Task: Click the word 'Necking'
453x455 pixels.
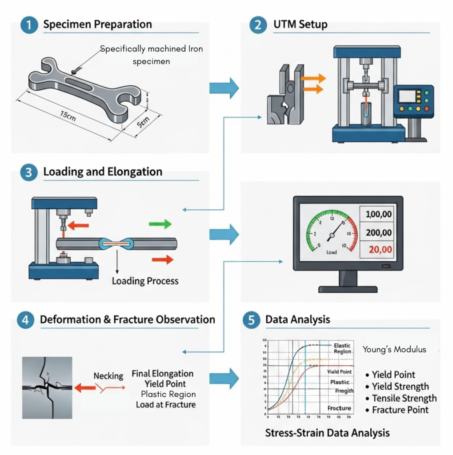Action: [x=108, y=376]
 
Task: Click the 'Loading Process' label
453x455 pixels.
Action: [x=145, y=281]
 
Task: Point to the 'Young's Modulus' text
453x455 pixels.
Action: [x=394, y=349]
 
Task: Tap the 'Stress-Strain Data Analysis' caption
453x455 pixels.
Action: [x=327, y=432]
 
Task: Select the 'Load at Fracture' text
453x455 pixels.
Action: [x=165, y=404]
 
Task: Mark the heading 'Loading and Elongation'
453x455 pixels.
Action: [x=103, y=172]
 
